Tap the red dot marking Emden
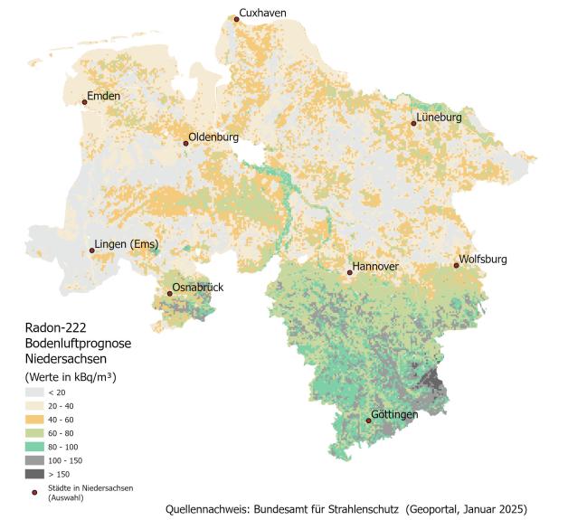tap(85, 102)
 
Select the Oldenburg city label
tap(213, 137)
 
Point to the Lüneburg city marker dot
tap(413, 123)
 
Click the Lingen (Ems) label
tap(126, 244)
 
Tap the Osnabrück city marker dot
tap(169, 293)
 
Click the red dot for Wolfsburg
tap(456, 265)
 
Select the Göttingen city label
tap(393, 414)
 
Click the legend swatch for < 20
tap(34, 392)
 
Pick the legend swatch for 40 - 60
tap(34, 420)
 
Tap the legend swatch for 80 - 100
tap(34, 447)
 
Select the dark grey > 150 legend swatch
tap(34, 474)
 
